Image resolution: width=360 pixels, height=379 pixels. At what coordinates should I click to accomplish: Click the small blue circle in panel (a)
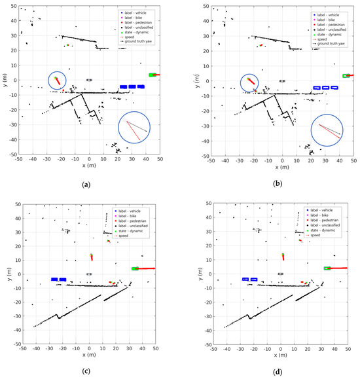(57, 81)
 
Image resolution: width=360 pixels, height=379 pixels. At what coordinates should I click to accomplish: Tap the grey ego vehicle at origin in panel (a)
(90, 80)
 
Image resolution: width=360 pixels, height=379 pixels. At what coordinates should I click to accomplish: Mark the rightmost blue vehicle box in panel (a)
(140, 86)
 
